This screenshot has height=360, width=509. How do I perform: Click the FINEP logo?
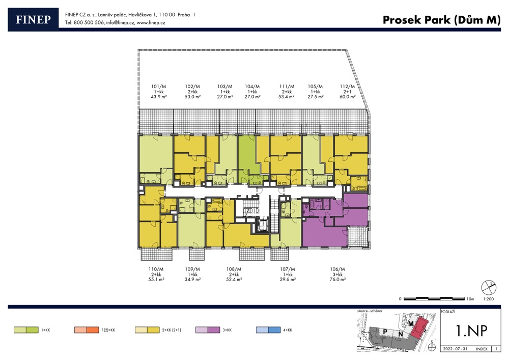(x=33, y=19)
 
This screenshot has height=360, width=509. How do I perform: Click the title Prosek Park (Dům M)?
(x=441, y=20)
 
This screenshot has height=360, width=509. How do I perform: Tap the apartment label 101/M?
(x=158, y=87)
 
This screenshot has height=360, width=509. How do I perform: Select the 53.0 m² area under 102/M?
(x=192, y=97)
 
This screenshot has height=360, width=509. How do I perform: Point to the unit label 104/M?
(x=252, y=87)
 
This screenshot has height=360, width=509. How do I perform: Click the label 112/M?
(x=347, y=87)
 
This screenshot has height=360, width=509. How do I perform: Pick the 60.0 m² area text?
(x=347, y=97)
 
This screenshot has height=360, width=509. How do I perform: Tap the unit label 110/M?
(x=156, y=269)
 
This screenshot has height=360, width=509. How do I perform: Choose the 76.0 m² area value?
(x=337, y=279)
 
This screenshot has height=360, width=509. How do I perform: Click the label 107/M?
(x=288, y=269)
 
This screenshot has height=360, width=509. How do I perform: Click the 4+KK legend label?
(x=288, y=330)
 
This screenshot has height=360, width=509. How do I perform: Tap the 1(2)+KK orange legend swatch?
(x=87, y=330)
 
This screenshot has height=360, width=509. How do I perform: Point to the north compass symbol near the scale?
(x=489, y=287)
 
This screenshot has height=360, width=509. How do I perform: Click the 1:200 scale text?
(x=489, y=299)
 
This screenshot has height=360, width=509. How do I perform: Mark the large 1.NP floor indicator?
(x=471, y=330)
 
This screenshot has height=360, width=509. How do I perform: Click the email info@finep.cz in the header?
(x=120, y=23)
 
